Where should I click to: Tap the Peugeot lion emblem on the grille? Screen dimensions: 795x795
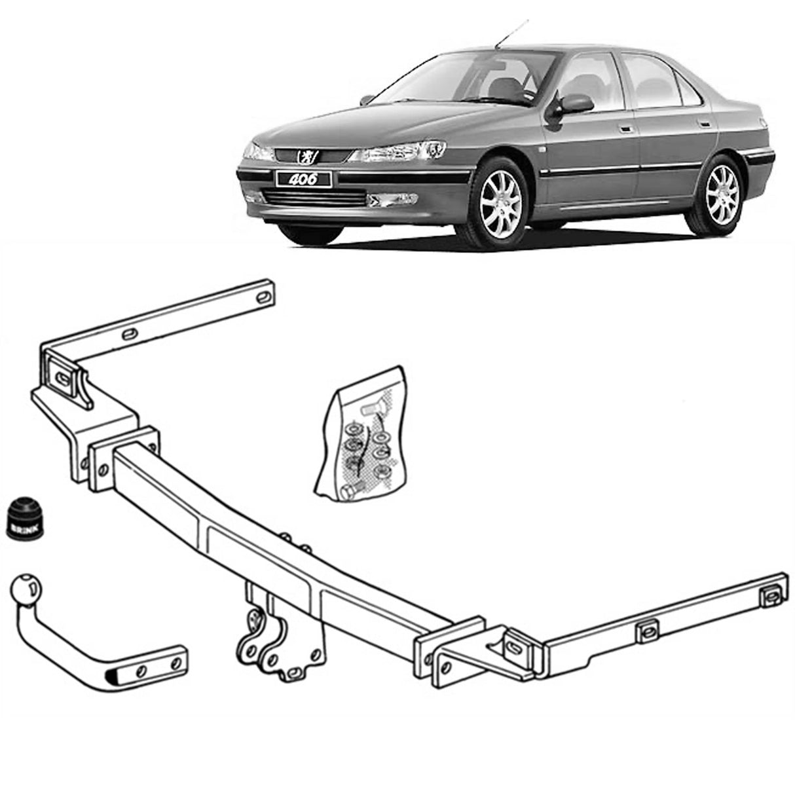tap(306, 155)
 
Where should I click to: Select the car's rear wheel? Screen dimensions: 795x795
tap(722, 185)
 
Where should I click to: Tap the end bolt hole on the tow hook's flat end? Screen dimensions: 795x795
tap(175, 663)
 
